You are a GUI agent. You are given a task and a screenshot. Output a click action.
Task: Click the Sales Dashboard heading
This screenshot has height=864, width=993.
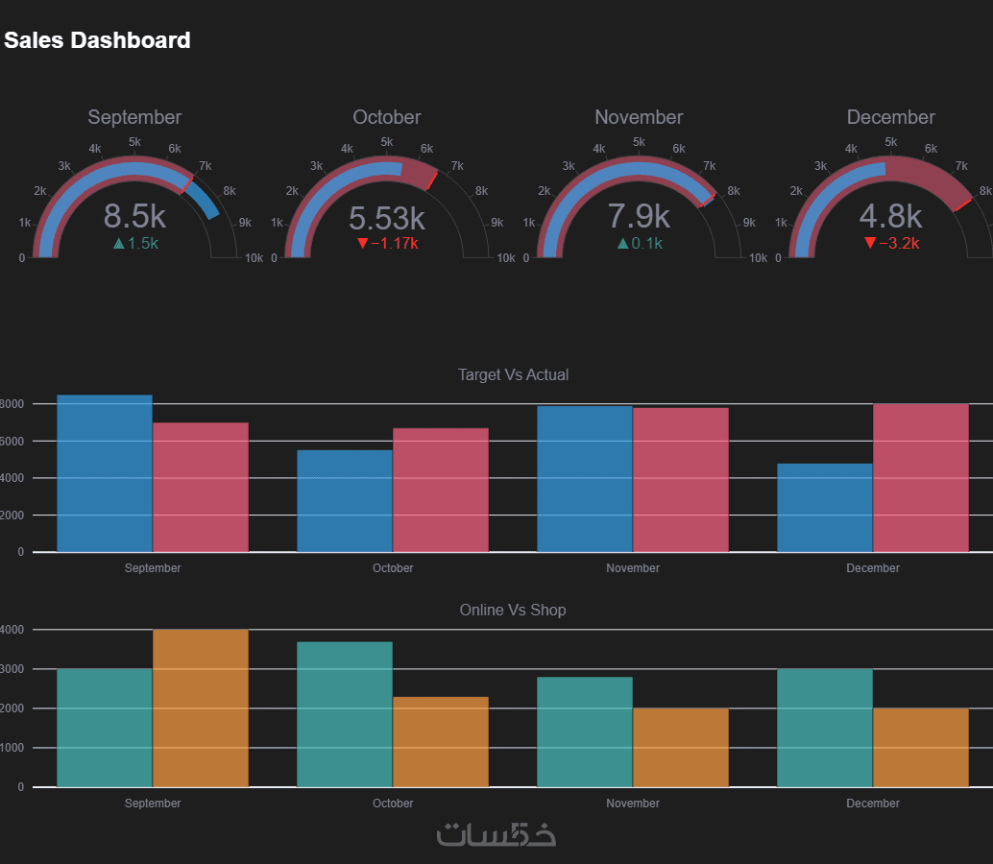coord(97,40)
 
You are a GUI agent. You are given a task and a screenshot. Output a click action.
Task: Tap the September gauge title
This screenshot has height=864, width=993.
coord(134,117)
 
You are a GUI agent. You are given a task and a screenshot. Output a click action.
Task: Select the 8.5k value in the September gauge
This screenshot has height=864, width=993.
coord(134,215)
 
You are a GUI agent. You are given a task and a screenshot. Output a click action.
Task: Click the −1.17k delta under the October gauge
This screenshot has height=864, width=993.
coord(387,244)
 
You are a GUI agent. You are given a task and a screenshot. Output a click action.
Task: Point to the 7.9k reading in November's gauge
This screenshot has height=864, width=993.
coord(639,215)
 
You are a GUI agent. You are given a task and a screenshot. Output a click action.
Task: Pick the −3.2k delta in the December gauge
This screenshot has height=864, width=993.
coord(891,244)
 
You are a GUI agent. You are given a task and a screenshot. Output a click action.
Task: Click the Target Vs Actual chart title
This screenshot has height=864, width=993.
coord(513,374)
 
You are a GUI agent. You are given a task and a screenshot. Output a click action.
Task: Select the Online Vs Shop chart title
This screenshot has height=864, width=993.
coord(513,610)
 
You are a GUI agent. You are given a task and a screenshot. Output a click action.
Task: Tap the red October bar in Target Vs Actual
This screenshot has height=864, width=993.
coord(441,490)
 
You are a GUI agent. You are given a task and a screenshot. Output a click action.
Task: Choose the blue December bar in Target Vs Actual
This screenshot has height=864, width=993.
coord(825,508)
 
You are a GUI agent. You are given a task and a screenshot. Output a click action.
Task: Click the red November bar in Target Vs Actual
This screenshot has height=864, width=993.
coord(681,480)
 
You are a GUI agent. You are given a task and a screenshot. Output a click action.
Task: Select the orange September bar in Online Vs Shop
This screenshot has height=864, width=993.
coord(201,708)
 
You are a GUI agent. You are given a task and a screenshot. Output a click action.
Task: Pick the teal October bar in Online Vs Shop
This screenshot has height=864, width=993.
coord(345,714)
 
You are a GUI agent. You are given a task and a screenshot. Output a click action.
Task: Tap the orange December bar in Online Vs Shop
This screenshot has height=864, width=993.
coord(921,748)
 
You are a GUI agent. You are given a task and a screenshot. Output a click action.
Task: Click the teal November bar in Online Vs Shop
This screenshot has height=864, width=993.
coord(585,732)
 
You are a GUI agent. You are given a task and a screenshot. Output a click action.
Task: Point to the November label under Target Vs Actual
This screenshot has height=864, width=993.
coord(633,568)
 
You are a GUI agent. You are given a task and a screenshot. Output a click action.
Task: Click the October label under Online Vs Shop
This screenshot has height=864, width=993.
coord(393,804)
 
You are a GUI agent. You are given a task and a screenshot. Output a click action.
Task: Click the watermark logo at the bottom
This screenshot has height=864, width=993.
coord(496,834)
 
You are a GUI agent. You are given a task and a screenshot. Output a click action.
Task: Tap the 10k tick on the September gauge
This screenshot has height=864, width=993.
coord(254,258)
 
